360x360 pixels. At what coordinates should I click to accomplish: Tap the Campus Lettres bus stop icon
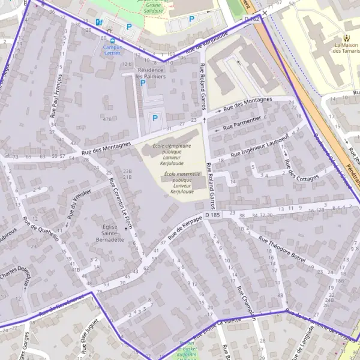[112, 40]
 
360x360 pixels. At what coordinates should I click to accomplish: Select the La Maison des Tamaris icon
[346, 38]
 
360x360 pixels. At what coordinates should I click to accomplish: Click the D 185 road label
[212, 214]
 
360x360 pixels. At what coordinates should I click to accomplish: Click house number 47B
[107, 119]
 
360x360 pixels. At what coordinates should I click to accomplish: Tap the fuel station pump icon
[98, 22]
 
